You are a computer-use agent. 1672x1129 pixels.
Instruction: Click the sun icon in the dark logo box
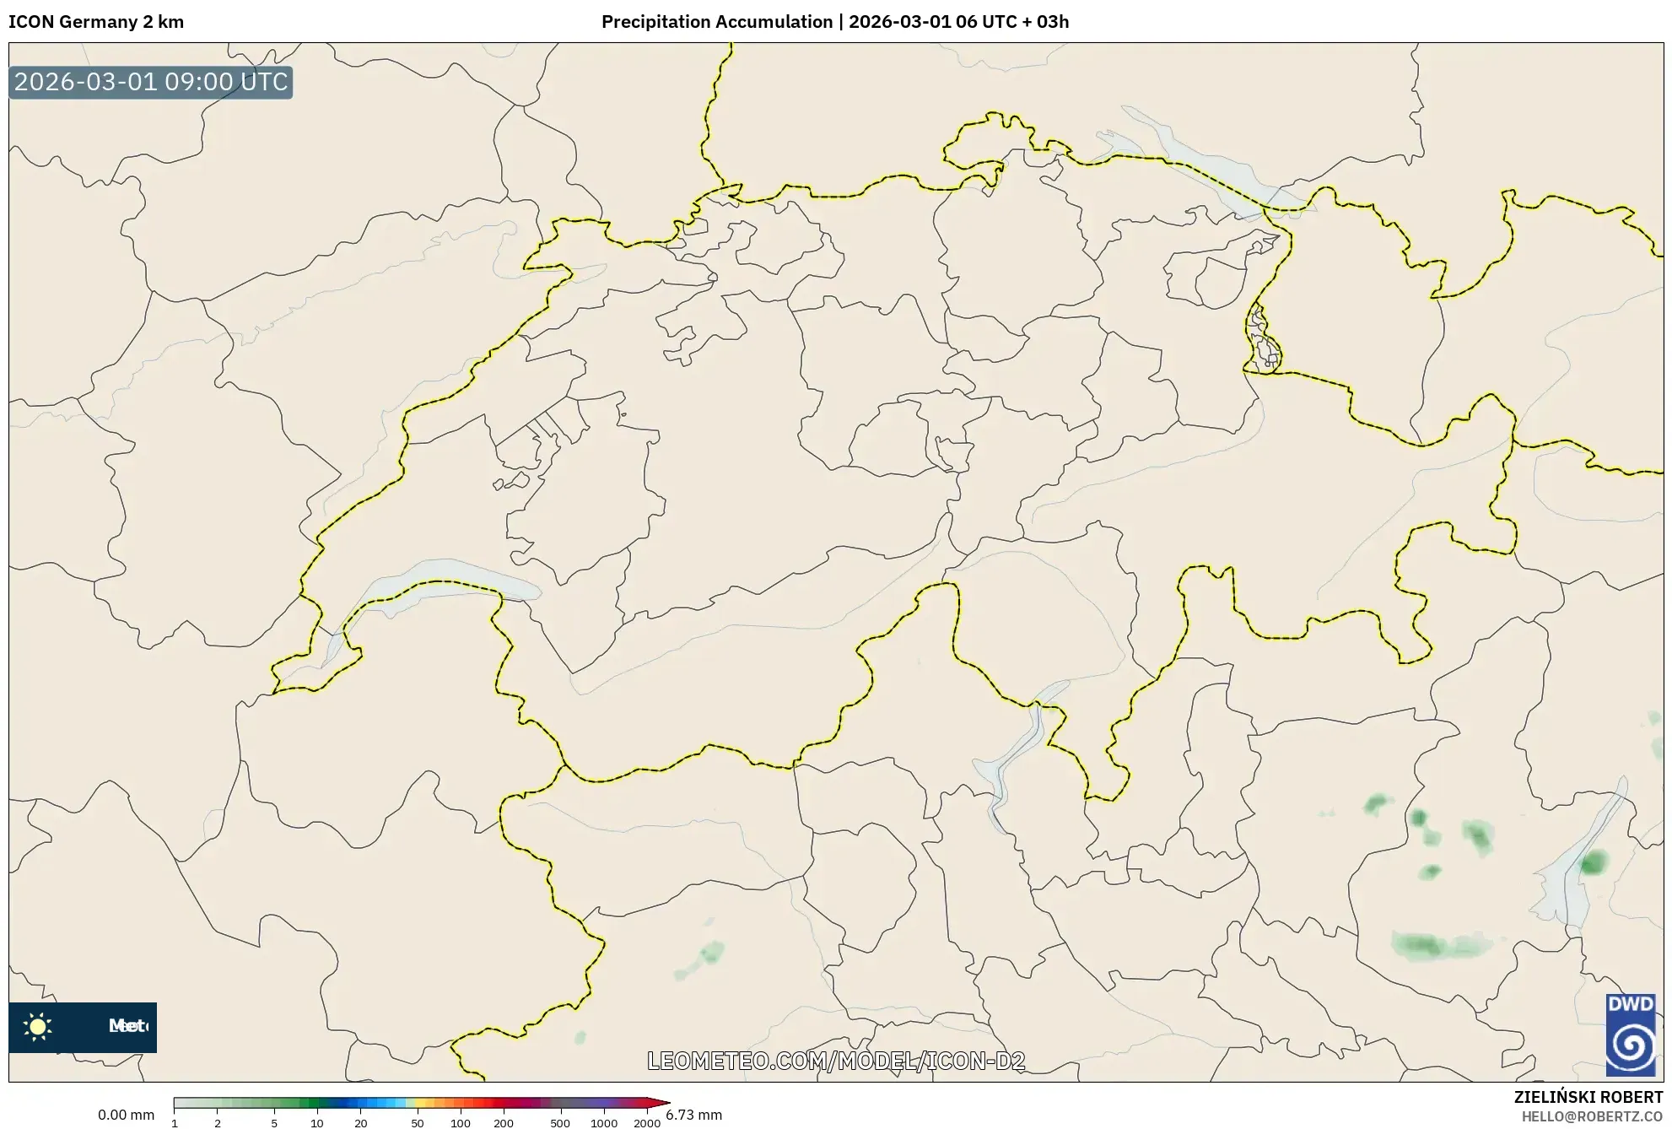pos(38,1027)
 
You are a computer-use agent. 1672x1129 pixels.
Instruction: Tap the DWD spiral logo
pos(1630,1044)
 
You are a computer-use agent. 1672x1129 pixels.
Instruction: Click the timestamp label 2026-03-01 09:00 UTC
pos(151,82)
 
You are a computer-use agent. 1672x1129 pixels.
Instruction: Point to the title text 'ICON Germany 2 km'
pos(96,22)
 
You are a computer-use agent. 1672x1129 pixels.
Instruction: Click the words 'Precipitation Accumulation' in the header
pos(716,22)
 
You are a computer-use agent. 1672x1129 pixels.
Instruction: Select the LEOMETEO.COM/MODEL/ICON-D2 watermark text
pos(836,1061)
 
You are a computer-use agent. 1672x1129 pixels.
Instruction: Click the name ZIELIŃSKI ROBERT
pos(1588,1097)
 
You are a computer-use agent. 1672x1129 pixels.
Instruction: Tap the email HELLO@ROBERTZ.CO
pos(1592,1116)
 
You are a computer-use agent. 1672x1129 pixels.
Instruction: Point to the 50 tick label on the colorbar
pos(417,1123)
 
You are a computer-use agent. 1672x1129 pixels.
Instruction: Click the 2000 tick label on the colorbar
pos(646,1123)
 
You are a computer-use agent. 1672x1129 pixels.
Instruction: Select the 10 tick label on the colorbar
pos(316,1123)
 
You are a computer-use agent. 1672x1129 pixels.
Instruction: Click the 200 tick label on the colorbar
pos(503,1123)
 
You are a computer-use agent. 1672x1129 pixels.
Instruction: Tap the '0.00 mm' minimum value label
pos(126,1115)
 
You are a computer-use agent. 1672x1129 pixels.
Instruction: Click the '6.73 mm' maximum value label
pos(693,1115)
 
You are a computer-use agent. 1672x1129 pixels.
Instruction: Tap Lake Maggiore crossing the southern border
pos(1004,776)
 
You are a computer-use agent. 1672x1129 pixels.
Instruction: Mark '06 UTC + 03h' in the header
pos(1011,22)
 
